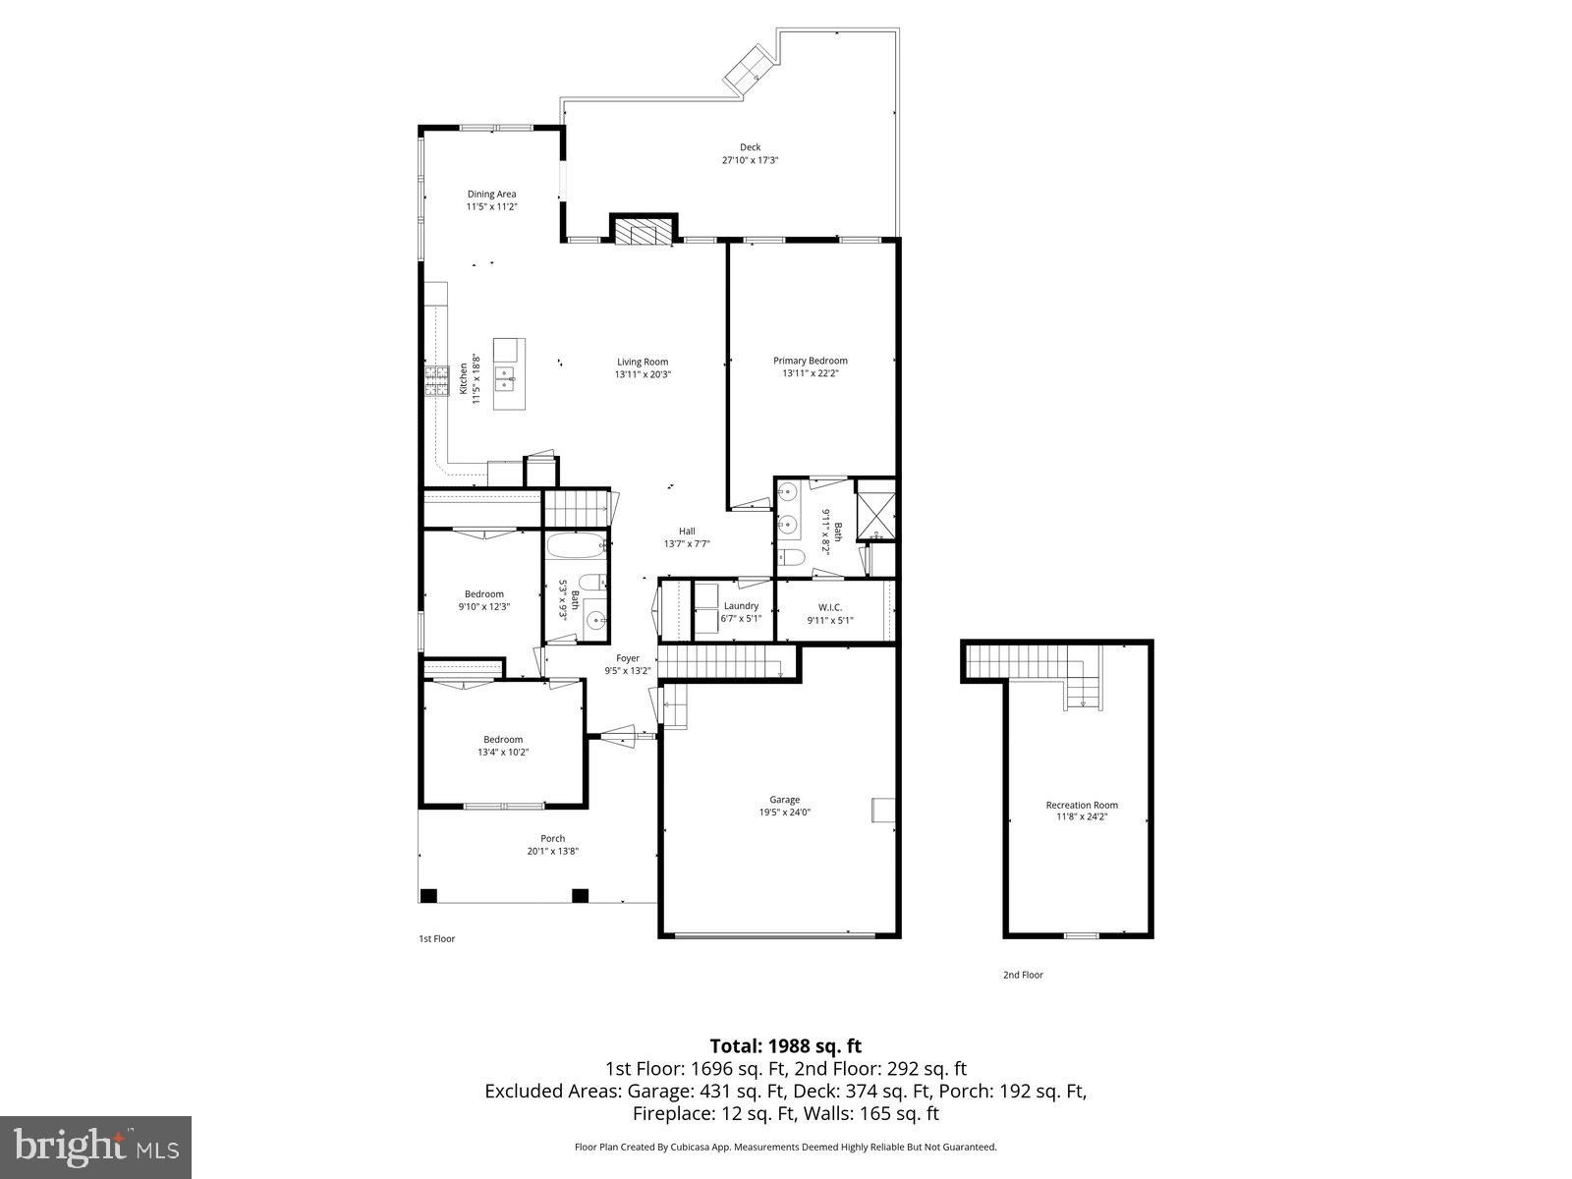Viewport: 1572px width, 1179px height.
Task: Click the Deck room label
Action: pyautogui.click(x=750, y=147)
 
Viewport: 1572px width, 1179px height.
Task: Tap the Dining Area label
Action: pyautogui.click(x=491, y=194)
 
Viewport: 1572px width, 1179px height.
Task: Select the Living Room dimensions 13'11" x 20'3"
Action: pyautogui.click(x=643, y=374)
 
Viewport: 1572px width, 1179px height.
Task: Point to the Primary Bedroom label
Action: pyautogui.click(x=810, y=361)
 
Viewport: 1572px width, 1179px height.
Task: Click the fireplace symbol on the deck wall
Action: pyautogui.click(x=644, y=229)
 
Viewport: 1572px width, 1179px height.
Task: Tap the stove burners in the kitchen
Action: pyautogui.click(x=437, y=381)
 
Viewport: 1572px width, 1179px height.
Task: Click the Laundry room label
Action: pyautogui.click(x=741, y=605)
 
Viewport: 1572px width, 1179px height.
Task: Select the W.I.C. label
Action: pyautogui.click(x=830, y=608)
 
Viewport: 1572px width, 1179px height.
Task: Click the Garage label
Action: pyautogui.click(x=784, y=800)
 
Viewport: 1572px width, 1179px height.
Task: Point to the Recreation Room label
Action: pyautogui.click(x=1082, y=805)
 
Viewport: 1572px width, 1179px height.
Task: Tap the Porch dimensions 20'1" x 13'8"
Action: pyautogui.click(x=552, y=851)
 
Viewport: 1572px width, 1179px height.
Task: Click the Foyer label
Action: pyautogui.click(x=628, y=658)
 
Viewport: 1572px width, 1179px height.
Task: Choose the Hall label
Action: pyautogui.click(x=687, y=532)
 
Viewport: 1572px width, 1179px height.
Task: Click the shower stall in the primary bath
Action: pyautogui.click(x=875, y=509)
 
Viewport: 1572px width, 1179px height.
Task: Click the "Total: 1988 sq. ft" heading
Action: pyautogui.click(x=786, y=1046)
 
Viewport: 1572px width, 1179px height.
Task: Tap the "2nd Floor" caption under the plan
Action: pyautogui.click(x=1023, y=975)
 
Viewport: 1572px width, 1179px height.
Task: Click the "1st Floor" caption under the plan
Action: pyautogui.click(x=437, y=938)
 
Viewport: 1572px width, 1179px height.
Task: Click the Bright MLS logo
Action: pyautogui.click(x=95, y=1147)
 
